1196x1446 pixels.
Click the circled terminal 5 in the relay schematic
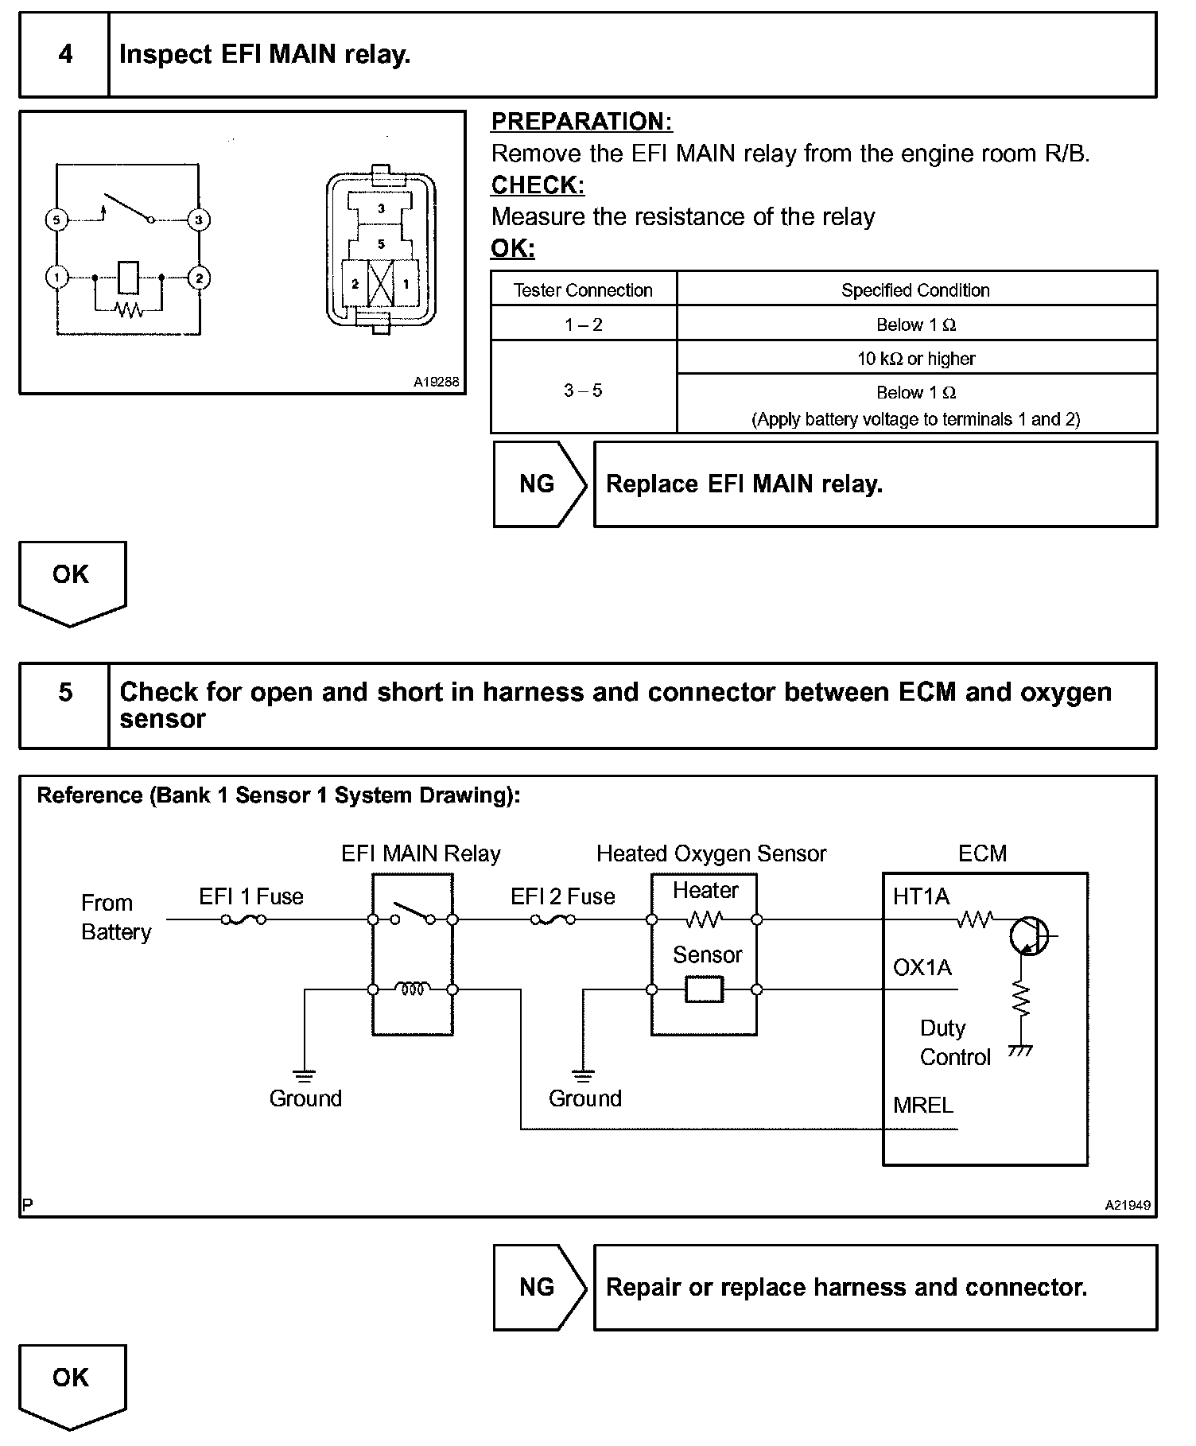[x=56, y=220]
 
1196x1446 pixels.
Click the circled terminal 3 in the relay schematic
[x=199, y=220]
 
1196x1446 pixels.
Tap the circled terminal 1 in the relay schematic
[x=56, y=278]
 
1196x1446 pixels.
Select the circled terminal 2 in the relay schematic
[x=199, y=278]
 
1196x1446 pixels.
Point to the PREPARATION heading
[x=581, y=122]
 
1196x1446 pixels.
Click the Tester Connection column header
[x=583, y=290]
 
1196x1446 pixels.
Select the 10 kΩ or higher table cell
[x=916, y=359]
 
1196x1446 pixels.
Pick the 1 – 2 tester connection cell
[x=583, y=325]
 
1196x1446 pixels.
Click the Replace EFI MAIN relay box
[x=875, y=484]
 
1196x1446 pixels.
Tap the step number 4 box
[x=64, y=55]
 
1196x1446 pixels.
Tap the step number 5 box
[x=64, y=693]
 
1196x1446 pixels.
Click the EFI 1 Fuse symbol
[x=243, y=920]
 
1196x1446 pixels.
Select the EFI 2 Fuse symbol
[x=553, y=920]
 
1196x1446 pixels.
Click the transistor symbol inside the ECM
[x=1029, y=936]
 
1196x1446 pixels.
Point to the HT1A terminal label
[x=921, y=897]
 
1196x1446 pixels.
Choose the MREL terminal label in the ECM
[x=922, y=1105]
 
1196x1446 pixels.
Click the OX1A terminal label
[x=922, y=967]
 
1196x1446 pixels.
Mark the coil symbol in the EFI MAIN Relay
[x=413, y=989]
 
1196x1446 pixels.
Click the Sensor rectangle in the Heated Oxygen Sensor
[x=704, y=989]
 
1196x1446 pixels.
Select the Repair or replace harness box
[x=875, y=1288]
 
